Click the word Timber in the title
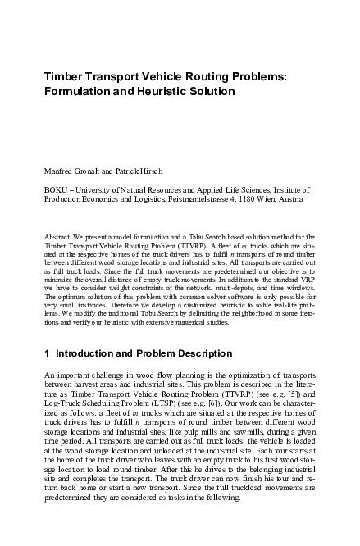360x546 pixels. click(x=64, y=76)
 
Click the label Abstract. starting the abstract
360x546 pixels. click(x=59, y=237)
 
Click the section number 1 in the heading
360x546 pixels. click(x=48, y=353)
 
